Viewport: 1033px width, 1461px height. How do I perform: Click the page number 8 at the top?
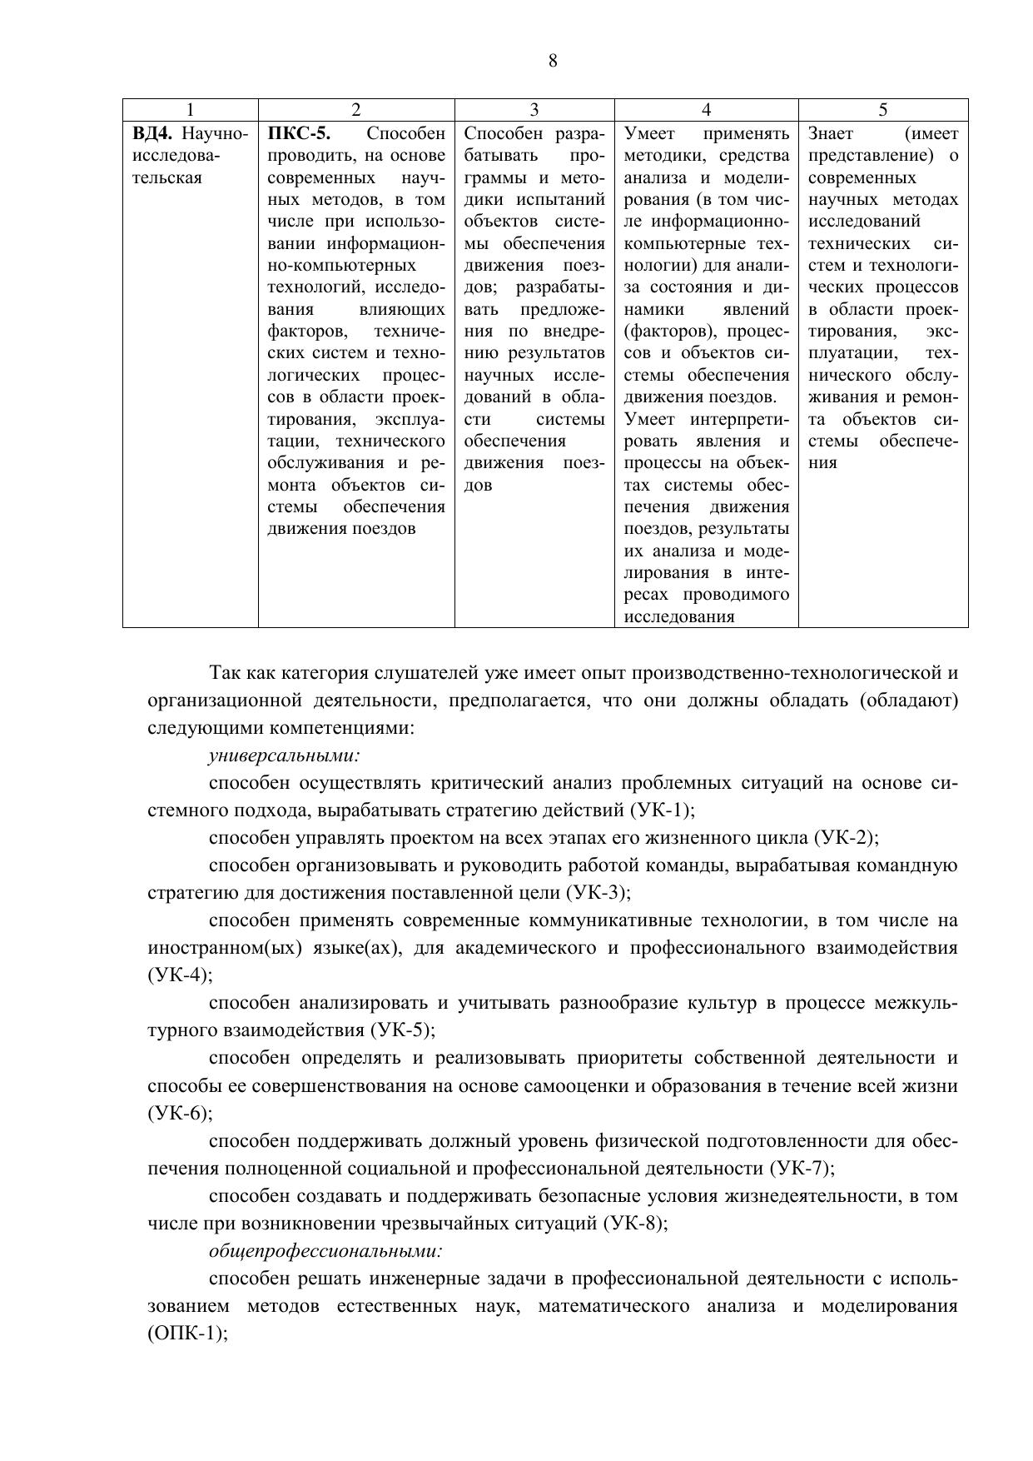553,61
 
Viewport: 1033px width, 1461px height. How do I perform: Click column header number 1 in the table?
191,109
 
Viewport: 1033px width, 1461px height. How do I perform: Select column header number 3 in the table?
534,109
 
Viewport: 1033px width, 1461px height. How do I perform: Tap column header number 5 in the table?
883,109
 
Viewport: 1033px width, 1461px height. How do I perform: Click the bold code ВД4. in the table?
153,133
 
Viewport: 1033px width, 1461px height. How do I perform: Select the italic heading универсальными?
284,755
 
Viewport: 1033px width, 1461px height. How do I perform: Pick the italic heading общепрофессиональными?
325,1250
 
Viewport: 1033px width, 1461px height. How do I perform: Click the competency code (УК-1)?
662,810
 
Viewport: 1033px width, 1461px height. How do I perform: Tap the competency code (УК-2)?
845,838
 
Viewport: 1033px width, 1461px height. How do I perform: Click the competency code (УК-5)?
401,1030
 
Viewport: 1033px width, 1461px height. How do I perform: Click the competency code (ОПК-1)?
186,1333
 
